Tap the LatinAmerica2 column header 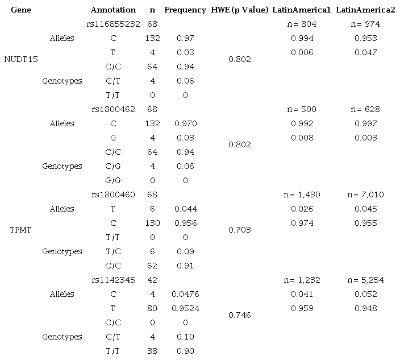pos(365,10)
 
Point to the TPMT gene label pos(20,230)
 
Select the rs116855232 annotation pos(113,24)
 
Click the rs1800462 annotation pos(113,109)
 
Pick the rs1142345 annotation pos(113,280)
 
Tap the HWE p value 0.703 pos(239,230)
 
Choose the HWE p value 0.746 pos(239,316)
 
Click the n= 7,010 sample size pos(365,195)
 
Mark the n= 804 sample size pos(302,24)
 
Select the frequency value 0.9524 pos(185,309)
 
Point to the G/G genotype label pos(113,180)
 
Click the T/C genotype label pos(113,252)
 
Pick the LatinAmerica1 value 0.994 pos(302,38)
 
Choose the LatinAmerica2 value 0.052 pos(365,295)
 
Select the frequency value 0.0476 pos(185,295)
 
